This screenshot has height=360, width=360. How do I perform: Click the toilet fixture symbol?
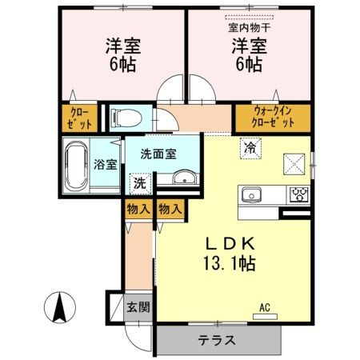[122, 118]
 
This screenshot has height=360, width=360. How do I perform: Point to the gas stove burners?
[299, 194]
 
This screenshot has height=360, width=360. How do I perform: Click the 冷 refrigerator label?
[250, 148]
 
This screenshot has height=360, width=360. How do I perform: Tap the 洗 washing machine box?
[138, 182]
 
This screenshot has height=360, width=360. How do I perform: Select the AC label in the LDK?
[264, 306]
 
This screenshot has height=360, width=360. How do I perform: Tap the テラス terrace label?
[217, 340]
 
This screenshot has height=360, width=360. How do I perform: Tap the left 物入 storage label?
[138, 209]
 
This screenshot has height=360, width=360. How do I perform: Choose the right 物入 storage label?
[169, 209]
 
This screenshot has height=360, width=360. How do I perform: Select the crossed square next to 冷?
[293, 162]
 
